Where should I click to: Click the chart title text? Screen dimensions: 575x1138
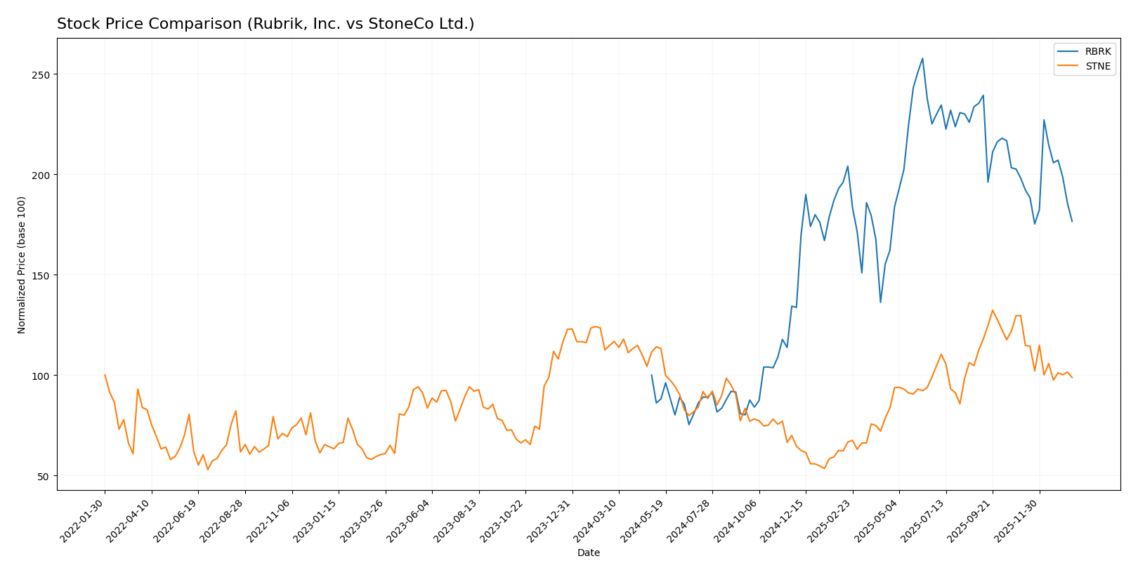pyautogui.click(x=266, y=24)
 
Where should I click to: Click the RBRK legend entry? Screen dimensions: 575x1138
pyautogui.click(x=1097, y=52)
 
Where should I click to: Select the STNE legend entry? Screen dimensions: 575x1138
pyautogui.click(x=1097, y=67)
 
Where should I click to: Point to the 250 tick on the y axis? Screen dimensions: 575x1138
pyautogui.click(x=41, y=74)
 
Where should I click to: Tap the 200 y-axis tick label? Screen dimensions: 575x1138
pyautogui.click(x=41, y=175)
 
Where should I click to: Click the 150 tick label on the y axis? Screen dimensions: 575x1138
pyautogui.click(x=41, y=275)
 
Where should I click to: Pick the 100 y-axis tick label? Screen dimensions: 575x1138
pyautogui.click(x=41, y=376)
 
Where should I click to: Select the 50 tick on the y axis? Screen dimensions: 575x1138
pyautogui.click(x=44, y=476)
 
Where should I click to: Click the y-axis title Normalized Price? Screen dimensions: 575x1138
pyautogui.click(x=22, y=265)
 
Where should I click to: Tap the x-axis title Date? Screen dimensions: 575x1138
pyautogui.click(x=588, y=553)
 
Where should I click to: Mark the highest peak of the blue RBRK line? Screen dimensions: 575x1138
pyautogui.click(x=922, y=58)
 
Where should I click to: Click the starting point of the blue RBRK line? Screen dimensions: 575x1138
pyautogui.click(x=651, y=375)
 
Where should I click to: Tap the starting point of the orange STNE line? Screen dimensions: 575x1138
pyautogui.click(x=105, y=375)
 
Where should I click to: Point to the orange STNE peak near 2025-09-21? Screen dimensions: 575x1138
pyautogui.click(x=993, y=310)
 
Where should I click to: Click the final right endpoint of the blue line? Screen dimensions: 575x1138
pyautogui.click(x=1072, y=221)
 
